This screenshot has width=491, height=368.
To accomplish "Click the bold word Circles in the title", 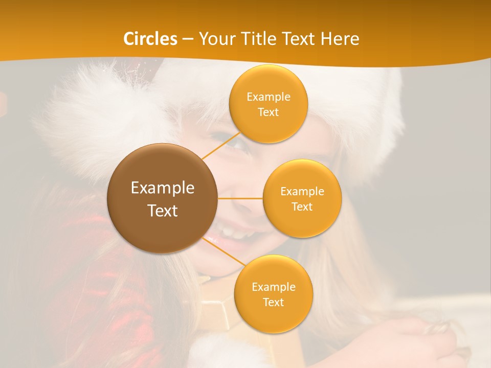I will click(x=150, y=39).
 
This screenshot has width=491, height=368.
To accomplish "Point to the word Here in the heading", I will click(x=340, y=39).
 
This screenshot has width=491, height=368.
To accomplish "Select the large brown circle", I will click(x=163, y=198).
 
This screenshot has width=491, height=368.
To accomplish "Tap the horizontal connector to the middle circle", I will click(x=240, y=198).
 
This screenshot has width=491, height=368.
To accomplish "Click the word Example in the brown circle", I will click(x=163, y=188).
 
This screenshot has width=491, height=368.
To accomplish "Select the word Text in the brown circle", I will click(x=163, y=211).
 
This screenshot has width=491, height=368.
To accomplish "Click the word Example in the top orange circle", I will click(x=269, y=97).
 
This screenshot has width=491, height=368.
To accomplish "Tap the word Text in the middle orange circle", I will click(x=302, y=207).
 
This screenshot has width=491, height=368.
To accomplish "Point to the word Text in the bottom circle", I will click(x=273, y=303).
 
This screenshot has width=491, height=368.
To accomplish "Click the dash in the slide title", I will click(x=188, y=39).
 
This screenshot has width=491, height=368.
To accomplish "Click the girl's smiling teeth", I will click(x=233, y=233).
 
